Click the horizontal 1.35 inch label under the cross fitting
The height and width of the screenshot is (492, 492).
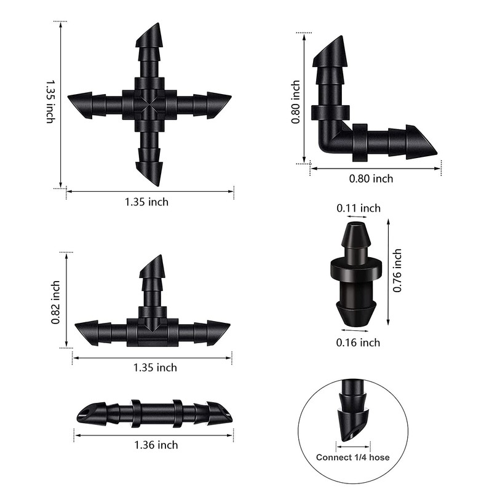pyautogui.click(x=146, y=202)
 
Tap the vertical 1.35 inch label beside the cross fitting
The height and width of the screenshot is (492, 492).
pyautogui.click(x=50, y=101)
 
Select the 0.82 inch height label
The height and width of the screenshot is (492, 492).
pyautogui.click(x=55, y=303)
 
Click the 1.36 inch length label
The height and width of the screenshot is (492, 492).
pyautogui.click(x=156, y=445)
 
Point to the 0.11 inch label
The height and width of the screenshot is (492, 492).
pyautogui.click(x=359, y=208)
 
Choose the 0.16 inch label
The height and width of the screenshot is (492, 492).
pyautogui.click(x=358, y=343)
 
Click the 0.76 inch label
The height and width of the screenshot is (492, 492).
pyautogui.click(x=397, y=271)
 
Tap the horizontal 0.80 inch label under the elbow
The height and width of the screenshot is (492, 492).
pyautogui.click(x=371, y=178)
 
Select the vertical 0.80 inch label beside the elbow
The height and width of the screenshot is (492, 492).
pyautogui.click(x=296, y=102)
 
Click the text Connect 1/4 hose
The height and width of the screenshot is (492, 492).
pyautogui.click(x=352, y=457)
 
